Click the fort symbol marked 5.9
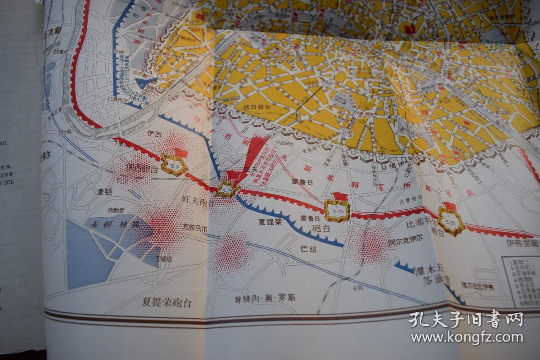174,166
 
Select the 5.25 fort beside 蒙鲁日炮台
337,210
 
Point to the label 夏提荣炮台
166,302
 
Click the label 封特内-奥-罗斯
265,298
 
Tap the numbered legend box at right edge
521,282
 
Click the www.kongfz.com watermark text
467,337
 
